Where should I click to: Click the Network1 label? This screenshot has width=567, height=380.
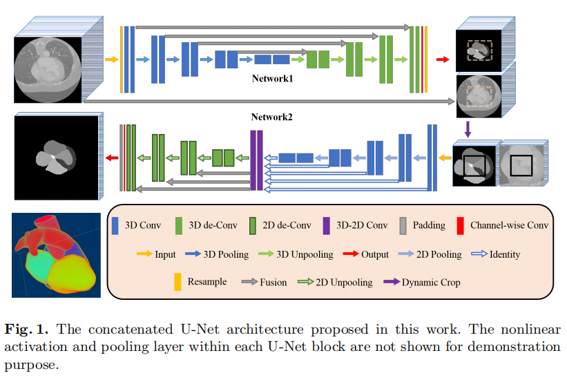pos(272,79)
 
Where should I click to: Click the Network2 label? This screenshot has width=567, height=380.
pos(272,117)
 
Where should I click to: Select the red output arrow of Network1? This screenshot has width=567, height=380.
pos(442,59)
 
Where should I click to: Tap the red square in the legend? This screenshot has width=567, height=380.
pos(460,225)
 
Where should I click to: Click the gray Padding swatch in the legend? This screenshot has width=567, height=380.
pos(403,225)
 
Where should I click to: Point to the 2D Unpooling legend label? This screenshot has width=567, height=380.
pos(344,282)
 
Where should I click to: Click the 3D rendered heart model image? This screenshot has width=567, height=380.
pos(57,255)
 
